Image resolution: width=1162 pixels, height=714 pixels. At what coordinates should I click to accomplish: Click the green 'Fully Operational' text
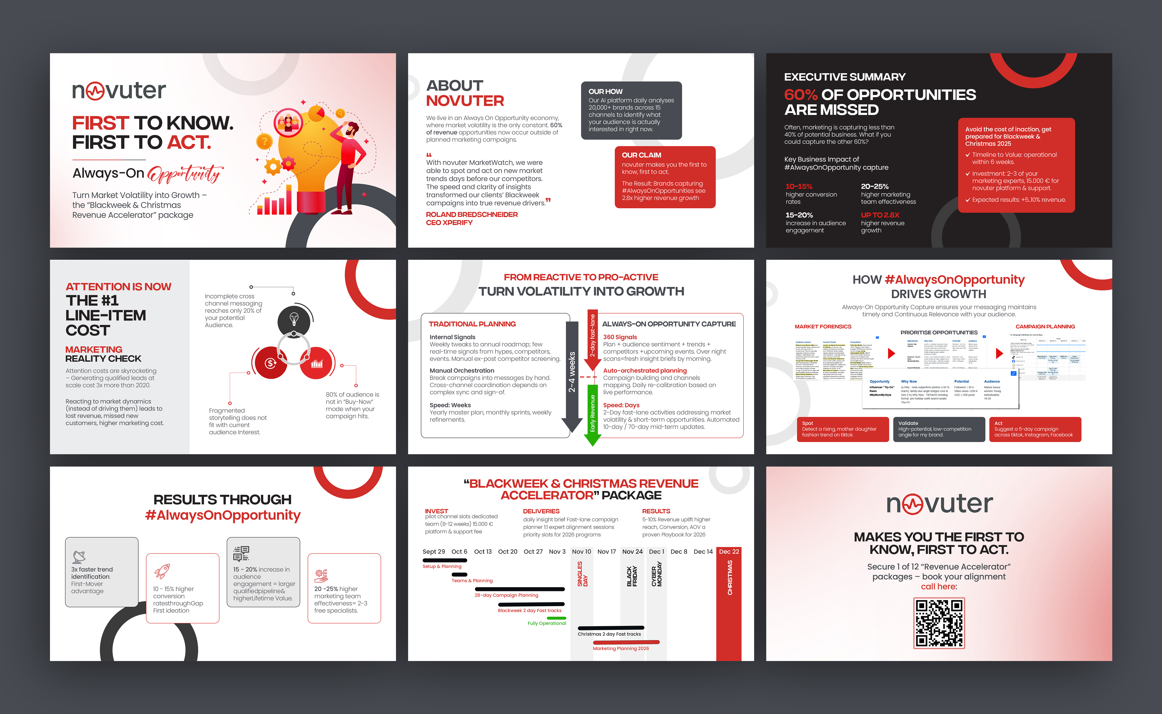point(547,623)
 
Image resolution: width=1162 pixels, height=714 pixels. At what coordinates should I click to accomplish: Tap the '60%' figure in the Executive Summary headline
point(801,95)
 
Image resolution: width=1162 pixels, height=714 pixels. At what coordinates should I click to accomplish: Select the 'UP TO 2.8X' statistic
point(880,215)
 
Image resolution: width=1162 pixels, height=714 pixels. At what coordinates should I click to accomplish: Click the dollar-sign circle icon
point(271,363)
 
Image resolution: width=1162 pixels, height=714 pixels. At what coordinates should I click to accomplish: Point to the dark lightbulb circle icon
point(294,320)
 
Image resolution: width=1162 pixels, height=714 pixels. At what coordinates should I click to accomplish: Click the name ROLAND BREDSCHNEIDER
point(471,214)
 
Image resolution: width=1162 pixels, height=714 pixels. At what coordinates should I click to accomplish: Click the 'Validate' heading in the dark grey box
point(908,423)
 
